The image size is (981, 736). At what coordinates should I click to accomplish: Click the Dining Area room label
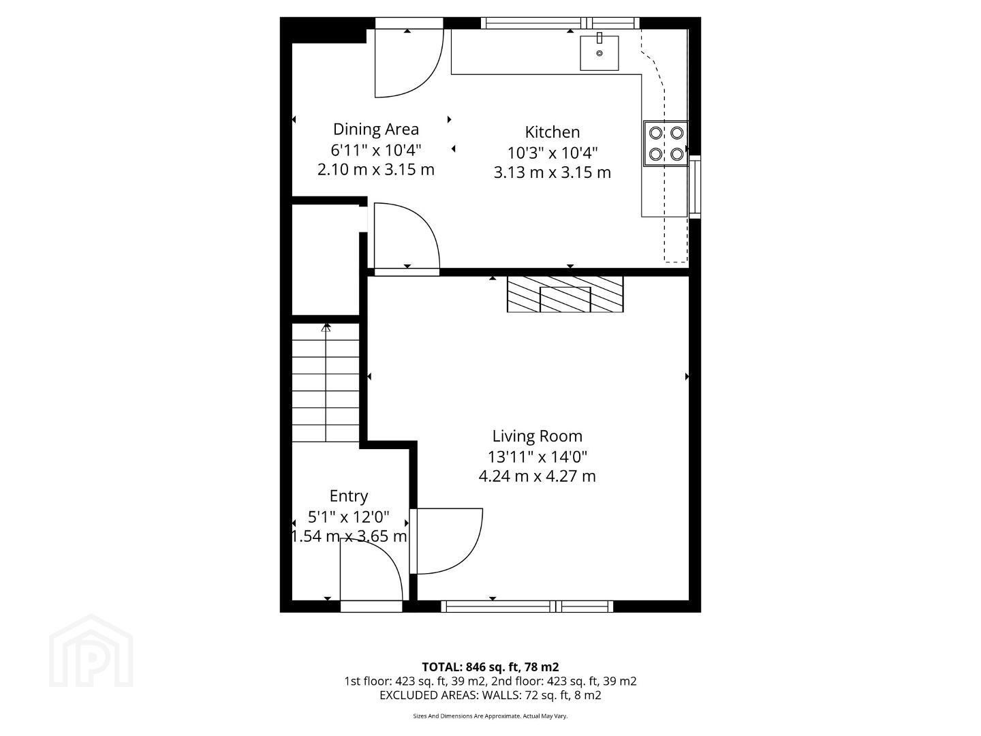[376, 129]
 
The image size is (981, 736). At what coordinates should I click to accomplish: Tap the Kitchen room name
[552, 132]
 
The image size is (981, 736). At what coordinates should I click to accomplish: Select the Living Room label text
[538, 436]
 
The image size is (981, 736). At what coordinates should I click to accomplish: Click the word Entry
[349, 497]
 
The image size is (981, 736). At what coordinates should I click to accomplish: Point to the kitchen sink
[599, 52]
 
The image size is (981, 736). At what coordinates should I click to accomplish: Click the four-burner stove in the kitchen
[666, 143]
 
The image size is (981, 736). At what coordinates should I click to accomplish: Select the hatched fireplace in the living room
[565, 294]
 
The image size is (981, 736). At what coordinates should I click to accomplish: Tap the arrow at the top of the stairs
[326, 328]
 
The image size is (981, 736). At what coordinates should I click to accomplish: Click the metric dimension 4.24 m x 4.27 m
[538, 476]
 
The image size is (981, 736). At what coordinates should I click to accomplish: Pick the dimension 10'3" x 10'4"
[552, 153]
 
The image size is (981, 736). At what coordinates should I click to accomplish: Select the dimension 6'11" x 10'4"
[376, 150]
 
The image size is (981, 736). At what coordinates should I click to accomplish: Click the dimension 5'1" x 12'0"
[349, 517]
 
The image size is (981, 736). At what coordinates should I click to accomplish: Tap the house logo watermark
[91, 651]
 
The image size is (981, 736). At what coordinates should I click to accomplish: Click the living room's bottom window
[527, 607]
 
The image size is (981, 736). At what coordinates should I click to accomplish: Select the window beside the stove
[694, 187]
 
